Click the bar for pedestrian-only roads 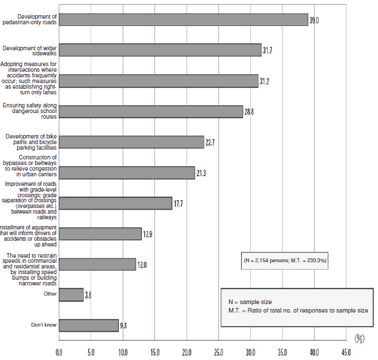[183, 20]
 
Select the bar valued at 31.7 [160, 50]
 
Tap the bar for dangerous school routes [151, 112]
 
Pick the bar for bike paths [131, 142]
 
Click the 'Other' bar [71, 295]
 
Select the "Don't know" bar [89, 326]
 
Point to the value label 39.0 [314, 20]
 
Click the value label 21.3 [201, 173]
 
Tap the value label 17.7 [178, 203]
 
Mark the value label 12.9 [148, 235]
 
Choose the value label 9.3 [123, 326]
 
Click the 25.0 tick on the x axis [218, 353]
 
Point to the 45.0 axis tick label [346, 353]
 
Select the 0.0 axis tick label [59, 353]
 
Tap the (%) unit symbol [359, 339]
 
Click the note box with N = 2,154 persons [285, 261]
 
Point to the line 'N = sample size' [250, 302]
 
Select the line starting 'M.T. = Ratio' [298, 311]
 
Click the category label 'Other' [50, 294]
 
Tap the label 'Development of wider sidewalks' [29, 51]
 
